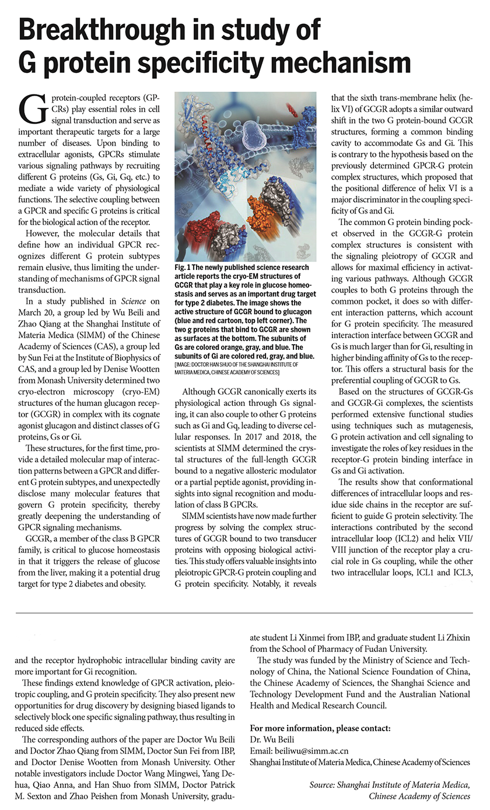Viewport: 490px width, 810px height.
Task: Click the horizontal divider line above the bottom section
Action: click(244, 613)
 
